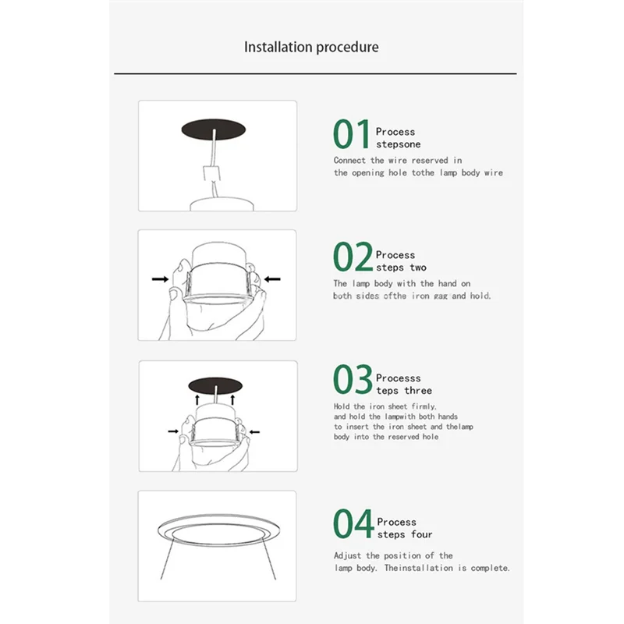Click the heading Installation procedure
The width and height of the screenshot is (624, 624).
tap(311, 47)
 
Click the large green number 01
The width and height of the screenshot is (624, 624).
tap(352, 134)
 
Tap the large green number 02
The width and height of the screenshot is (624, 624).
tap(353, 257)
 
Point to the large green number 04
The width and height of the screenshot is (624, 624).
tap(353, 523)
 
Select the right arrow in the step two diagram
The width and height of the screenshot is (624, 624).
tap(272, 278)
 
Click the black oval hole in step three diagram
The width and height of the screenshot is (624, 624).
tap(214, 384)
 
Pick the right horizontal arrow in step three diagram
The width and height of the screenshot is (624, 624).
tap(255, 430)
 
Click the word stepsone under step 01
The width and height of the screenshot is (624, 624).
tap(398, 144)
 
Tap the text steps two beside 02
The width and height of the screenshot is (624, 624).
tap(401, 268)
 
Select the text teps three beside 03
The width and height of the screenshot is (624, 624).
tap(403, 390)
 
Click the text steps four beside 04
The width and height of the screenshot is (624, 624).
tap(404, 534)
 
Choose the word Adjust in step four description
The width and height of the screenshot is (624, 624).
tap(349, 556)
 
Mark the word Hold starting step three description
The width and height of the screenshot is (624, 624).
tap(342, 406)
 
